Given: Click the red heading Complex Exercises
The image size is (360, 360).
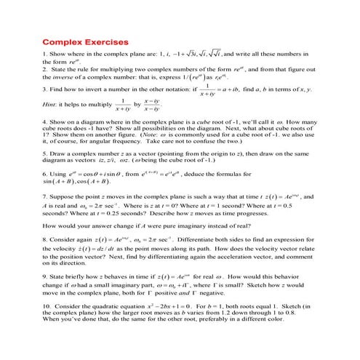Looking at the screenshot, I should click(x=86, y=41).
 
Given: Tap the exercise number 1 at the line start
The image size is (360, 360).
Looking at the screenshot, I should click(x=45, y=54).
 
